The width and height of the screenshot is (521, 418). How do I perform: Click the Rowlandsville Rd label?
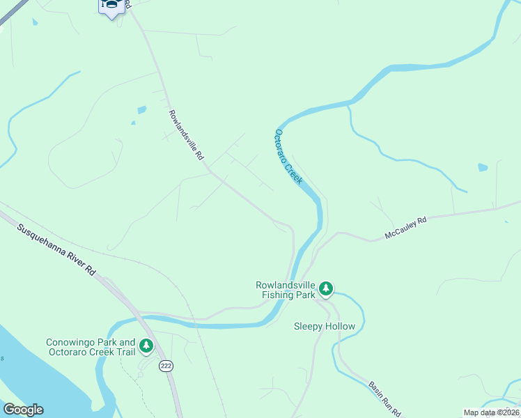click(x=185, y=135)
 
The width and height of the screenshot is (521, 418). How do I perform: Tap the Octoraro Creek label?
click(x=288, y=157)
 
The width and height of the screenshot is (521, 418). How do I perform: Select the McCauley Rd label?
click(x=405, y=228)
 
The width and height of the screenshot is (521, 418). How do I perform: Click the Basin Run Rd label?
click(x=384, y=399)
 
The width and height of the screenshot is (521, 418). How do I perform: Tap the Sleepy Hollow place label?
click(x=325, y=326)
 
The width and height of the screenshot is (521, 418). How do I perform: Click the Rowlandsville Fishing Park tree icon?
click(x=326, y=288)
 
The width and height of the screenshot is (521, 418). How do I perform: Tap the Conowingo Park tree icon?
click(x=146, y=345)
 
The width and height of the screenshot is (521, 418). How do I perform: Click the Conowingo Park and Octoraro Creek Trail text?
click(x=91, y=348)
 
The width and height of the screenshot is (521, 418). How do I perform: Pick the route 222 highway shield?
click(x=166, y=366)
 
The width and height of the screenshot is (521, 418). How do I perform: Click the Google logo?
click(x=23, y=410)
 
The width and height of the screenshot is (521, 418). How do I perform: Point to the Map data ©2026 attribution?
click(x=491, y=412)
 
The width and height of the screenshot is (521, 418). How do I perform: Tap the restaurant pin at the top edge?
click(x=111, y=7)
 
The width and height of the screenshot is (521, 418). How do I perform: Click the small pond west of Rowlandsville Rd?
click(x=142, y=110)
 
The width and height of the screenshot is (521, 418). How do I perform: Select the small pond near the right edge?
click(x=483, y=167)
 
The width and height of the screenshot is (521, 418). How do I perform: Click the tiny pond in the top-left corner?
click(x=34, y=22)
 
